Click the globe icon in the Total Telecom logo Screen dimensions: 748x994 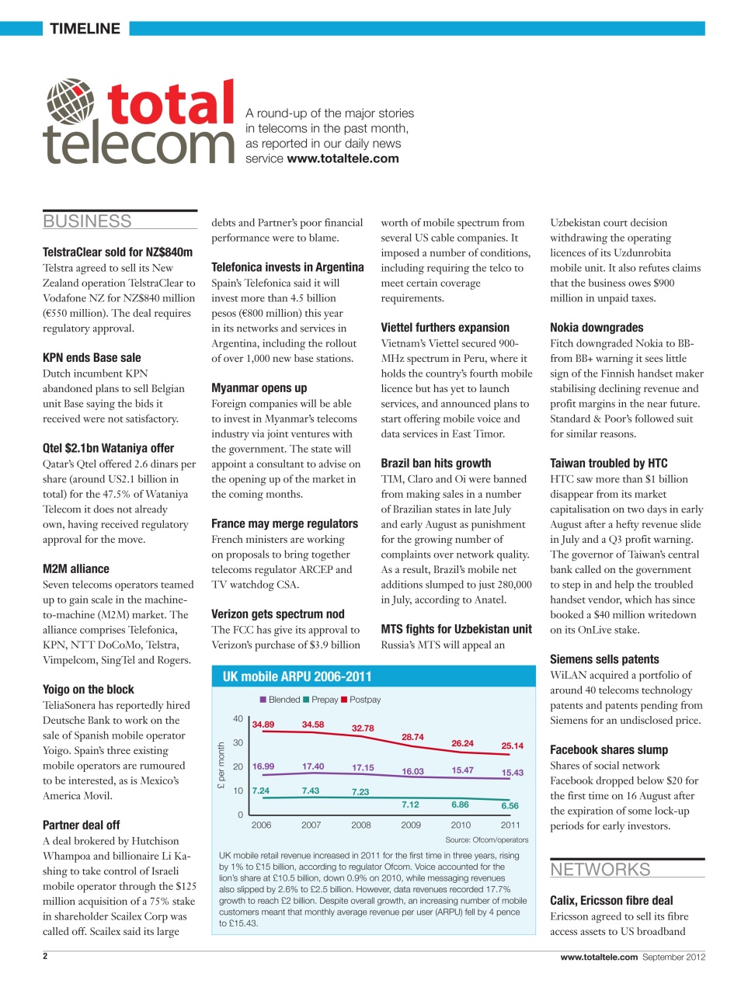click(x=70, y=101)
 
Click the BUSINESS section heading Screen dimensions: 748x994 click(x=87, y=221)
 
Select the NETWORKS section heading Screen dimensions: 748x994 click(x=600, y=870)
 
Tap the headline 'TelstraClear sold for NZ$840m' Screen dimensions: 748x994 click(x=117, y=252)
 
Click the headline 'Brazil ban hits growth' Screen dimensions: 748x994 click(x=435, y=464)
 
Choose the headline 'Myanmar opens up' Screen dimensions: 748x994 click(x=259, y=388)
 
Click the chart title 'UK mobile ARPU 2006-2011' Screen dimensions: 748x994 click(x=297, y=676)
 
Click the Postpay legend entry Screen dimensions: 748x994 click(x=360, y=700)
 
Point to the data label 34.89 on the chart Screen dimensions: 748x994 click(x=263, y=725)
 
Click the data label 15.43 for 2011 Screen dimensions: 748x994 click(x=512, y=773)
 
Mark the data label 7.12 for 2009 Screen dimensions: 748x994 click(x=410, y=805)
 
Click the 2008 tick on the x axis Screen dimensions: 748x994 click(x=360, y=825)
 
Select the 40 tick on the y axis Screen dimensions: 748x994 click(x=238, y=719)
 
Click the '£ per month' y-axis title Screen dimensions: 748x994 click(x=221, y=766)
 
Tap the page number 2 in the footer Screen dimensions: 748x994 click(x=45, y=956)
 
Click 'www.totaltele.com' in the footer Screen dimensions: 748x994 click(x=599, y=957)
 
